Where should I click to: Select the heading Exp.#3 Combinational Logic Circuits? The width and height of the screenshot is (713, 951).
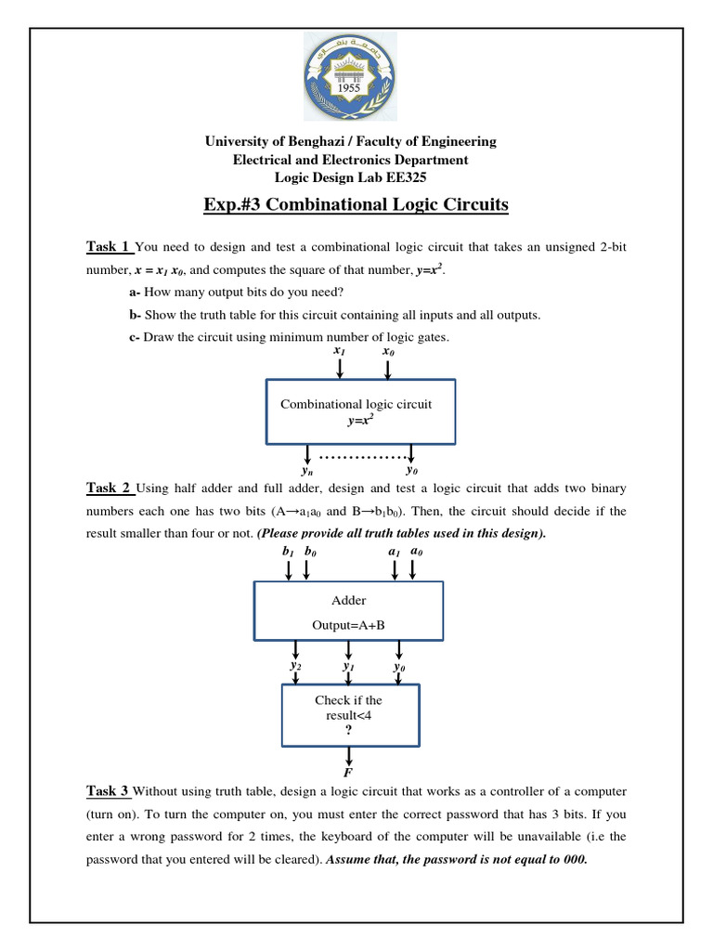[356, 204]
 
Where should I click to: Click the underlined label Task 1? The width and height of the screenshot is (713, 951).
[108, 246]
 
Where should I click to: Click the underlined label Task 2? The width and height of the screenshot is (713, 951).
[108, 488]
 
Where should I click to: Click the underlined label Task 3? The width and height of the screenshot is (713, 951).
[108, 790]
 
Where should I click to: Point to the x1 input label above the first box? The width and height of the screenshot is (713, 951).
[339, 352]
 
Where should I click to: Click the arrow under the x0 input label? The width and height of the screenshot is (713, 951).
[388, 369]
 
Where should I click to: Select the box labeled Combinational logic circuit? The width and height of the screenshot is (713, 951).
[360, 411]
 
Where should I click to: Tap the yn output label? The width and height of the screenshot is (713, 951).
[309, 471]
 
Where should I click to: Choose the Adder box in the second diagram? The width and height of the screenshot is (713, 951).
[348, 610]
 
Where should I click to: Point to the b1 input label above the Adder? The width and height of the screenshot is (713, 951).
[288, 551]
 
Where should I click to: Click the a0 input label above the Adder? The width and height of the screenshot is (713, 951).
[414, 551]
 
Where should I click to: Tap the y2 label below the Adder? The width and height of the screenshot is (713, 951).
[295, 666]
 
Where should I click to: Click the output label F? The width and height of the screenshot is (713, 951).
[348, 772]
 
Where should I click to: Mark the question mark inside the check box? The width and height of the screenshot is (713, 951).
[348, 730]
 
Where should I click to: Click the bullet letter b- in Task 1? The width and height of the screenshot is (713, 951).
[135, 315]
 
